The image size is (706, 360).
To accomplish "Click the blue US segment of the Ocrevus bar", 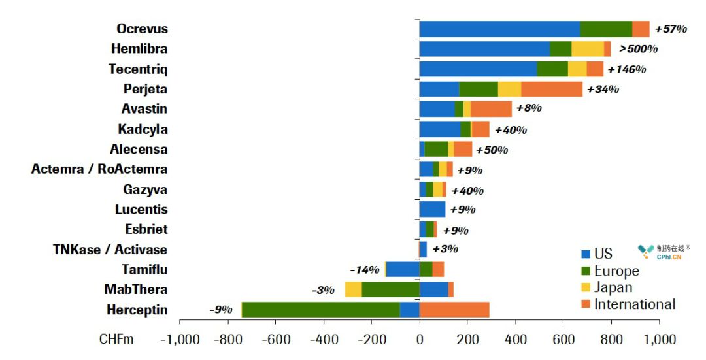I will pos(499,29).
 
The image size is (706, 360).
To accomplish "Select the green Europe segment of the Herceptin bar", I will pos(320,310).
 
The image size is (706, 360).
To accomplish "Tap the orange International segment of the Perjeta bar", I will pos(551,89).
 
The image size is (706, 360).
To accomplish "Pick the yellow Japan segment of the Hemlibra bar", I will pos(587,49).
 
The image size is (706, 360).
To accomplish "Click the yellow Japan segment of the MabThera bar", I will pos(353,289).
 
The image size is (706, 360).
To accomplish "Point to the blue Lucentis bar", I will pos(432,209).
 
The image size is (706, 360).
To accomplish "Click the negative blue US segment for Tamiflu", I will pos(403,269).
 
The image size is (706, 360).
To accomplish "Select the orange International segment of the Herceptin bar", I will pos(454,310).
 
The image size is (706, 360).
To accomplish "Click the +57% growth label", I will pos(671,29).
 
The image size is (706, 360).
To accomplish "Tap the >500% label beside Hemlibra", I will pos(638,49).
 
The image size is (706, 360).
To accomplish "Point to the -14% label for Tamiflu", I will pos(364,269).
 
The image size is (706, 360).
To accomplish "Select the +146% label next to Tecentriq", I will pos(626,69).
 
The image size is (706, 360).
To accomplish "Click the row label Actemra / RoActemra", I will pos(99,169).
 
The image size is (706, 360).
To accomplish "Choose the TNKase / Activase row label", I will pos(110,250).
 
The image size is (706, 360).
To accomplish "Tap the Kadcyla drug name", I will pos(143,129).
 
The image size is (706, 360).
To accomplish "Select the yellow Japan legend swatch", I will pos(586,287).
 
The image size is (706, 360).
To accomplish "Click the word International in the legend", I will pos(634,304).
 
